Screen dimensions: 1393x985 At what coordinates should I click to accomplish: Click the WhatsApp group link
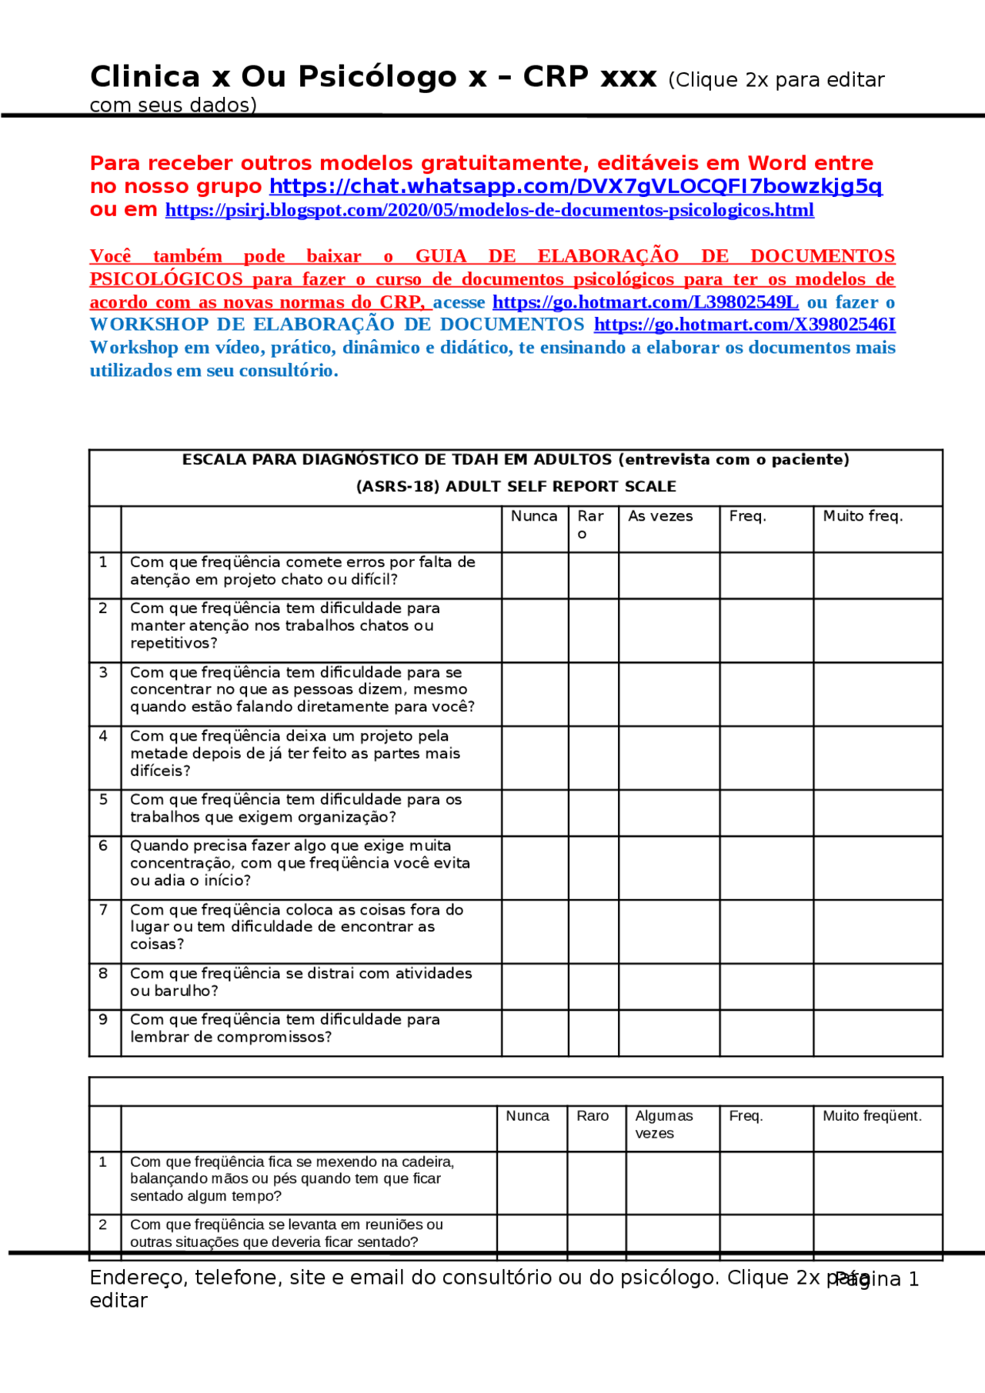pos(576,186)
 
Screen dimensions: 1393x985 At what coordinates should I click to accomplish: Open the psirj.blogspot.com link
pos(489,210)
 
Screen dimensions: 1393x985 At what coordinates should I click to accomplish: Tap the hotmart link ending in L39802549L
pos(645,302)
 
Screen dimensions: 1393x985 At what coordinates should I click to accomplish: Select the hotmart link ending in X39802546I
pos(744,325)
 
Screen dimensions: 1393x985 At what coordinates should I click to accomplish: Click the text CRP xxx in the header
pos(589,77)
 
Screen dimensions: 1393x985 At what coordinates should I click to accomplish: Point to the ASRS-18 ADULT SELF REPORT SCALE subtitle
pos(516,486)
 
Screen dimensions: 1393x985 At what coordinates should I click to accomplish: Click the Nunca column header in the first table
pos(534,516)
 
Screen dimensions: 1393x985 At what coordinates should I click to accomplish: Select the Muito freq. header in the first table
pos(863,516)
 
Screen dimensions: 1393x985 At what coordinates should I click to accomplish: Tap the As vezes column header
pos(660,516)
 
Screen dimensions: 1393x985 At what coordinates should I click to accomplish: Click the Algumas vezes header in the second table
pos(663,1124)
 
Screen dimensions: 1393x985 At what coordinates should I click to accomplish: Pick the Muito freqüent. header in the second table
pos(872,1115)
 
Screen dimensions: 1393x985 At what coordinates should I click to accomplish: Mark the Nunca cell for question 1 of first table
pos(535,575)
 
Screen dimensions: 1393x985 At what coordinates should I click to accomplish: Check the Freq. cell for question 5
pos(766,812)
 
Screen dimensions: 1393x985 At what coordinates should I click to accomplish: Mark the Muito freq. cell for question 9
pos(877,1032)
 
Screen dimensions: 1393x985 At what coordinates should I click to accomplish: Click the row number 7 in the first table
pos(104,909)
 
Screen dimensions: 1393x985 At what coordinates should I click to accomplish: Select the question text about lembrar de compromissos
pos(285,1028)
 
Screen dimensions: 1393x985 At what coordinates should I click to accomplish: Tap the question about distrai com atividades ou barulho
pos(300,981)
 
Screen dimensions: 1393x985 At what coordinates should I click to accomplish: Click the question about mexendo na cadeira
pos(292,1178)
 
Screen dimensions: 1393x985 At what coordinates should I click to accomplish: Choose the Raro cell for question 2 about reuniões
pos(596,1232)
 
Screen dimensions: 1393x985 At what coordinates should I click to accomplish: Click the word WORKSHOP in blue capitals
pos(149,325)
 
